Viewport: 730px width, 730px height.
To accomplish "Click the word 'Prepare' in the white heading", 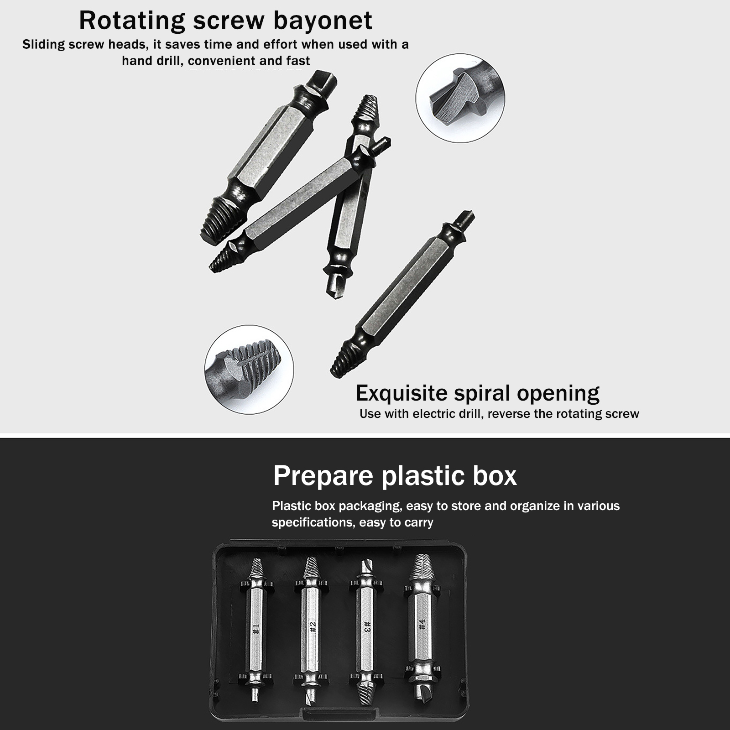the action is pyautogui.click(x=323, y=476).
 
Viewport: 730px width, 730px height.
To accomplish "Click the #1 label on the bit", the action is pyautogui.click(x=255, y=629).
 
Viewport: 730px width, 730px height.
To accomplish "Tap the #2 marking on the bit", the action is pyautogui.click(x=313, y=627).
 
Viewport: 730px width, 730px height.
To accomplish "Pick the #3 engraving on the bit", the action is pyautogui.click(x=367, y=626).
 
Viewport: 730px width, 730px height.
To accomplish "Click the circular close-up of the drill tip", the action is pyautogui.click(x=460, y=98).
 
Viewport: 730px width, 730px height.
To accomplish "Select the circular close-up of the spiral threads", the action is pyautogui.click(x=249, y=370).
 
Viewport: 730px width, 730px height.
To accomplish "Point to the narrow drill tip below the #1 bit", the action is pyautogui.click(x=255, y=695).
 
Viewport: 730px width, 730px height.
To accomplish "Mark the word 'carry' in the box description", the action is pyautogui.click(x=419, y=523).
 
